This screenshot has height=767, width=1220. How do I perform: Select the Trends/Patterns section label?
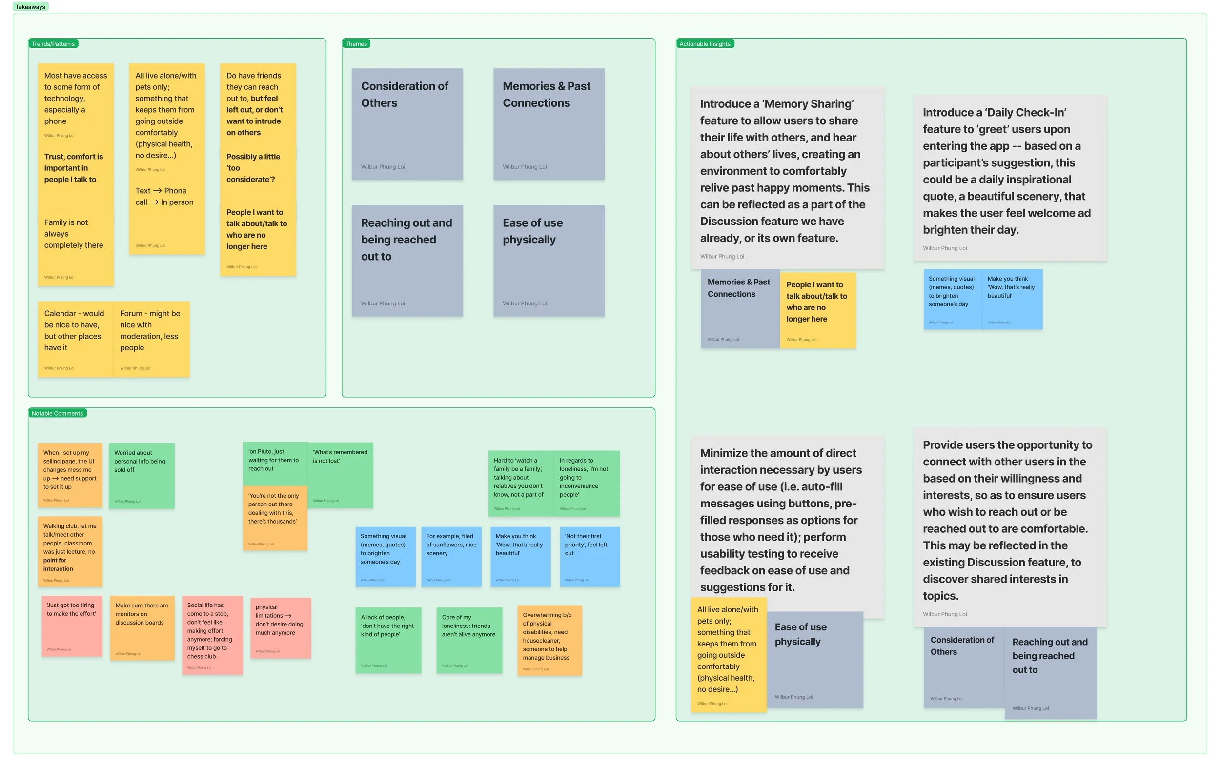pos(53,44)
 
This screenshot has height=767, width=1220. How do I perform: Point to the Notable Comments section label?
pos(57,413)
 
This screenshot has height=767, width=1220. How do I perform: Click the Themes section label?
pos(356,44)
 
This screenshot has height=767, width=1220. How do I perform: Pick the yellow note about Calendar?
pos(75,339)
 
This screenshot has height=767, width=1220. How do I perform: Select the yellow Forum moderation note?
pos(151,339)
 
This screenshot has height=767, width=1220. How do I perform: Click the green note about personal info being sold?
pos(142,475)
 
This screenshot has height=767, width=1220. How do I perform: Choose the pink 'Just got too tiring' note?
pos(72,626)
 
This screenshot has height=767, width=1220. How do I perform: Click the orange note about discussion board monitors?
pos(142,627)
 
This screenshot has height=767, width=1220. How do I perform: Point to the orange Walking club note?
pos(70,551)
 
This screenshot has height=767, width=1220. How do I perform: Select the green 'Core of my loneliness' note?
pos(468,640)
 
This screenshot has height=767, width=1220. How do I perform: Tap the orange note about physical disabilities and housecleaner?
pos(549,640)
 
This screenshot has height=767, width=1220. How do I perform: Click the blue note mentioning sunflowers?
pos(451,556)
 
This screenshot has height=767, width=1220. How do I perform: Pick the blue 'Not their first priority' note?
pos(589,556)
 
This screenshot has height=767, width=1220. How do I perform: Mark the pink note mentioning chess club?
pos(212,634)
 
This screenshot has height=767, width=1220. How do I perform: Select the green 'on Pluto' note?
pos(275,463)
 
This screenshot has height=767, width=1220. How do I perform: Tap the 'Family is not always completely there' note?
pos(75,248)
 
